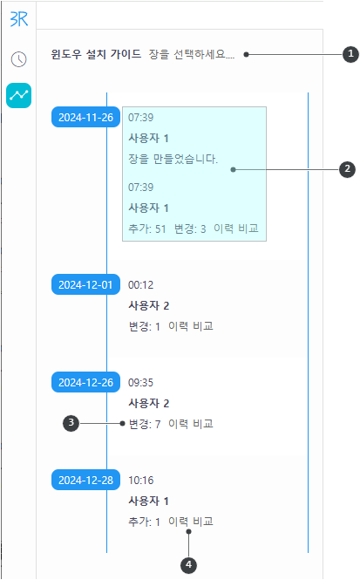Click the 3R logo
point(19,18)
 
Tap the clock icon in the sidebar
point(19,59)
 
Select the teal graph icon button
point(19,95)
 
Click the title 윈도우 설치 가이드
point(96,54)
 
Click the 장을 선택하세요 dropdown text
point(192,54)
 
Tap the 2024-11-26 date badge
point(85,117)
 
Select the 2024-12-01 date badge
point(85,284)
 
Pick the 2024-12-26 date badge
point(85,382)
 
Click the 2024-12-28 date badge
point(85,480)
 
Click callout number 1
point(350,54)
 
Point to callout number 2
point(347,169)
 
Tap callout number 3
point(71,423)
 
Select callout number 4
point(188,565)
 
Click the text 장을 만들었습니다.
point(173,159)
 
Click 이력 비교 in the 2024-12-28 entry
point(191,522)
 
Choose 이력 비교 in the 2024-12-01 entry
point(191,326)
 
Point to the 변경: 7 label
point(145,424)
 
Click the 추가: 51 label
point(147,229)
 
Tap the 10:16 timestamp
point(141,480)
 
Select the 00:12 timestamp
point(141,285)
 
